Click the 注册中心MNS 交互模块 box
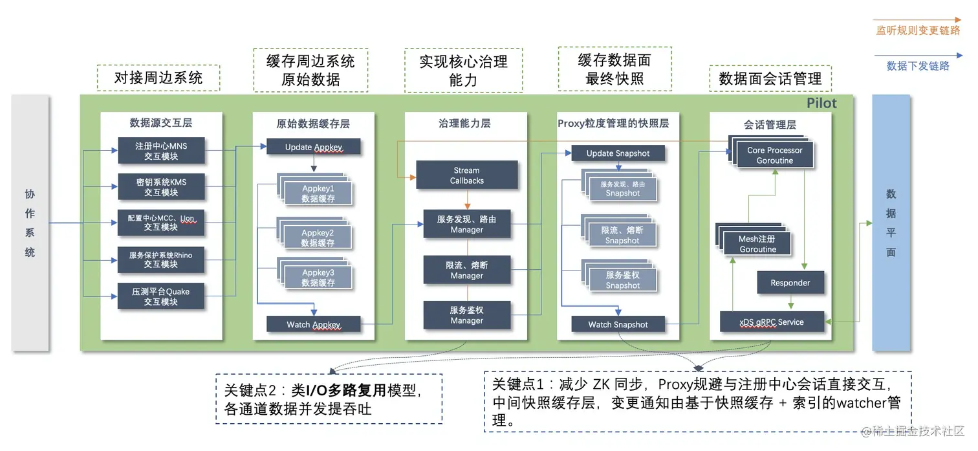click(x=160, y=151)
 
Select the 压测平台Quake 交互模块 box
click(x=160, y=296)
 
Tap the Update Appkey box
click(x=314, y=147)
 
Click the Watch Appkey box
click(x=314, y=324)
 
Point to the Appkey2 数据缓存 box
click(x=318, y=237)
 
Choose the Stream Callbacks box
click(x=466, y=175)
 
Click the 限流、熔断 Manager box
click(x=466, y=270)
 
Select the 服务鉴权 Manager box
click(x=466, y=315)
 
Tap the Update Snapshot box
click(x=618, y=153)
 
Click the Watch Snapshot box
click(x=618, y=324)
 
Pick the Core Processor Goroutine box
click(x=774, y=155)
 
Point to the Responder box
click(x=790, y=283)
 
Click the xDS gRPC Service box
click(x=772, y=322)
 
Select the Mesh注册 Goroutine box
click(x=757, y=244)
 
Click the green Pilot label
click(x=821, y=104)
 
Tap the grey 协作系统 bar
click(x=30, y=223)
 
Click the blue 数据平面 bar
click(x=891, y=223)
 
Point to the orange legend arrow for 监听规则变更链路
click(x=917, y=20)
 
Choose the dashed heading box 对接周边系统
click(x=158, y=78)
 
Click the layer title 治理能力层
click(x=464, y=123)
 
